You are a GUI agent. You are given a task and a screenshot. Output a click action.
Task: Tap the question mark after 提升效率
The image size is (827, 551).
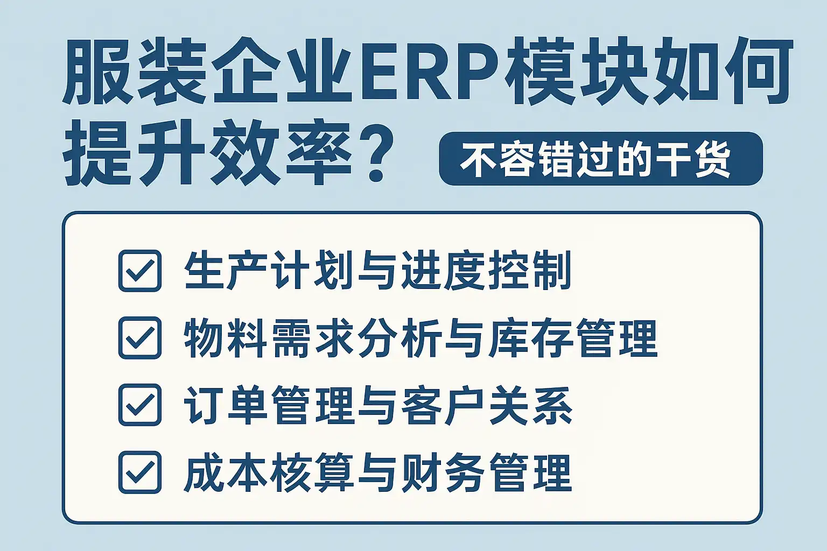click(x=375, y=154)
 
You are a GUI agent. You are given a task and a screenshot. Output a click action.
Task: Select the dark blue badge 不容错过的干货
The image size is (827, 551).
click(x=601, y=159)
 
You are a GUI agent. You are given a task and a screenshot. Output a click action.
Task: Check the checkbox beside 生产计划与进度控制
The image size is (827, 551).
click(x=140, y=271)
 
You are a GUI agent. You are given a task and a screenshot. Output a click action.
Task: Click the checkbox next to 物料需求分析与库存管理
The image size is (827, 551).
click(x=140, y=338)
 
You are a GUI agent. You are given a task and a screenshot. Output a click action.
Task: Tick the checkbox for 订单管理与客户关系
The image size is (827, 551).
click(x=140, y=405)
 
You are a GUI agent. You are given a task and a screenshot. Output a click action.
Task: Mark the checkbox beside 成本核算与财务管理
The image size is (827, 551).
click(x=140, y=472)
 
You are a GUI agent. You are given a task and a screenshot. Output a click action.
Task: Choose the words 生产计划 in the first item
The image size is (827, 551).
click(x=269, y=271)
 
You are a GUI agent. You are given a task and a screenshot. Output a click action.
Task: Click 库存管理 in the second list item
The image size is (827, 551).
click(x=572, y=338)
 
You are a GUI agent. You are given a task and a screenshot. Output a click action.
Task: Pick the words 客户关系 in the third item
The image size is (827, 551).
click(x=487, y=405)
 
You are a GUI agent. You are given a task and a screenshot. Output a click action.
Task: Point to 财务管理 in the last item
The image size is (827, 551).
click(x=487, y=472)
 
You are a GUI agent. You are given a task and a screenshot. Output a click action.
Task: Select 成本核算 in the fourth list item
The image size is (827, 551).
click(x=269, y=472)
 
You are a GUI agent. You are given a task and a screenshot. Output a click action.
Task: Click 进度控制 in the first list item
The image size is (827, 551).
click(x=487, y=271)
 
